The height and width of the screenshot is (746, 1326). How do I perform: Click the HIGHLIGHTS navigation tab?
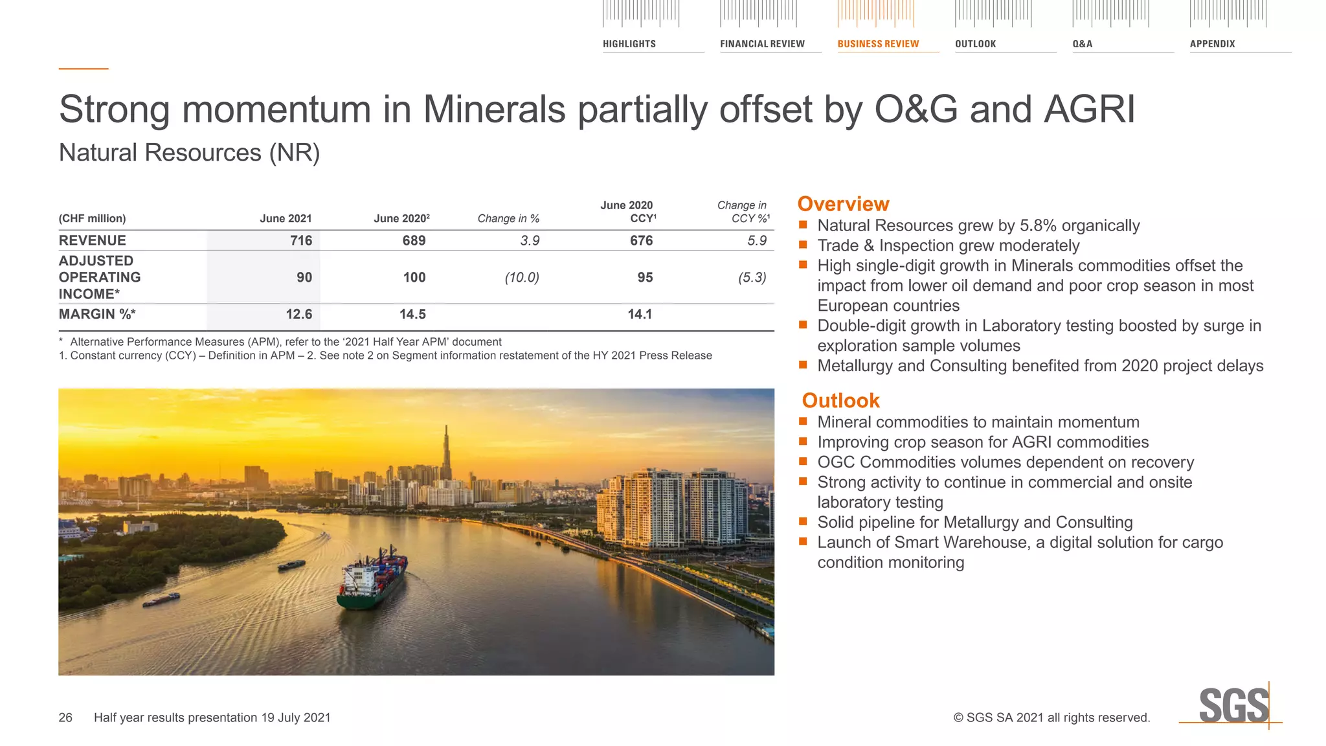click(x=629, y=44)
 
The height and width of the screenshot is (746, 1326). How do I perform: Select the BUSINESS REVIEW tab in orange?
click(x=878, y=44)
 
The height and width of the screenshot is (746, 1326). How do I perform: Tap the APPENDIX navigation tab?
click(x=1212, y=44)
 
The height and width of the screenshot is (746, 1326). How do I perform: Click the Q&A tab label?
click(x=1082, y=44)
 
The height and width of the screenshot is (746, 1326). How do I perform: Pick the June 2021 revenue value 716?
click(x=301, y=241)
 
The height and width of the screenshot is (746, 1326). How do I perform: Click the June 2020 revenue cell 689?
click(x=414, y=241)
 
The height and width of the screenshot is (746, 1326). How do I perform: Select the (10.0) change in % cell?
click(x=522, y=278)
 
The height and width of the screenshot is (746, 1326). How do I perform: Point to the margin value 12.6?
click(x=298, y=315)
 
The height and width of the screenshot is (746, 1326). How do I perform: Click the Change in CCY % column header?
click(x=743, y=212)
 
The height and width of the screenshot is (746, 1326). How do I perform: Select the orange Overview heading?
click(x=843, y=204)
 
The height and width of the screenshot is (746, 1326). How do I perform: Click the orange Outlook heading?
click(x=840, y=401)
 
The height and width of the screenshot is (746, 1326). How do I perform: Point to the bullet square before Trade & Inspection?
click(x=803, y=245)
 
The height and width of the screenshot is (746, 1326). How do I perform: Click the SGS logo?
click(x=1233, y=706)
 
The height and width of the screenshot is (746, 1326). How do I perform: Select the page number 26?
click(x=65, y=718)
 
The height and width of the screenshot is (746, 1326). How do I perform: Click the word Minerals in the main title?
click(x=494, y=109)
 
